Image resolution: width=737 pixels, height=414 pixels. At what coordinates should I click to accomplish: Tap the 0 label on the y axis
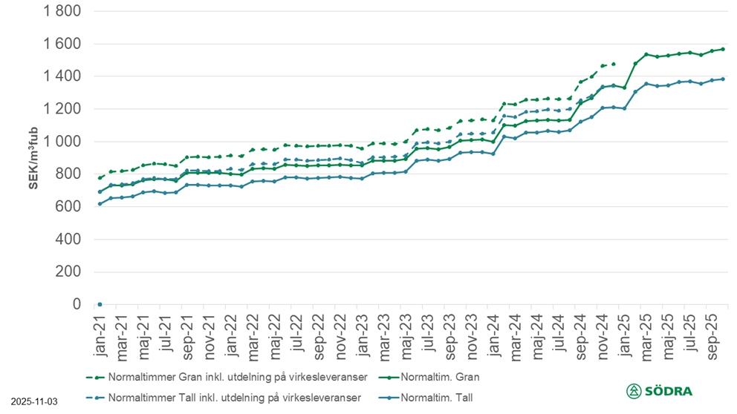(74, 304)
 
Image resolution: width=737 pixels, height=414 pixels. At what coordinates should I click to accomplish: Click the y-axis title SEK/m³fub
(33, 158)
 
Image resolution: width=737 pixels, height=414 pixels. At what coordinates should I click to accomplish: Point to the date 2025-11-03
(33, 401)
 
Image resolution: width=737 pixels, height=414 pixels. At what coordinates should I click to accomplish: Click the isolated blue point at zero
(100, 304)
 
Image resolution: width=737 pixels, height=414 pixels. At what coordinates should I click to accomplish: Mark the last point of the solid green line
(723, 49)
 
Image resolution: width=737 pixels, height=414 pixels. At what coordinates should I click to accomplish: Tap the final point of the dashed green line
(614, 64)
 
